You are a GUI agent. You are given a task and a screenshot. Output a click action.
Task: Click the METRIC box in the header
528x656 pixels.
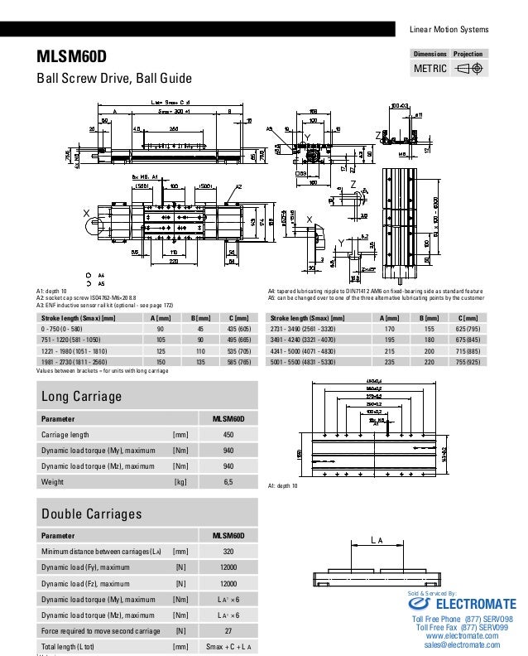pyautogui.click(x=430, y=68)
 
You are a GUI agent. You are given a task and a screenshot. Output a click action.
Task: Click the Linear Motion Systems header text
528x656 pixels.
pyautogui.click(x=449, y=30)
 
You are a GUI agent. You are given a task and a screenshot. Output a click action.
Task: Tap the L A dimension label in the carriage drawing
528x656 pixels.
pyautogui.click(x=377, y=541)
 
